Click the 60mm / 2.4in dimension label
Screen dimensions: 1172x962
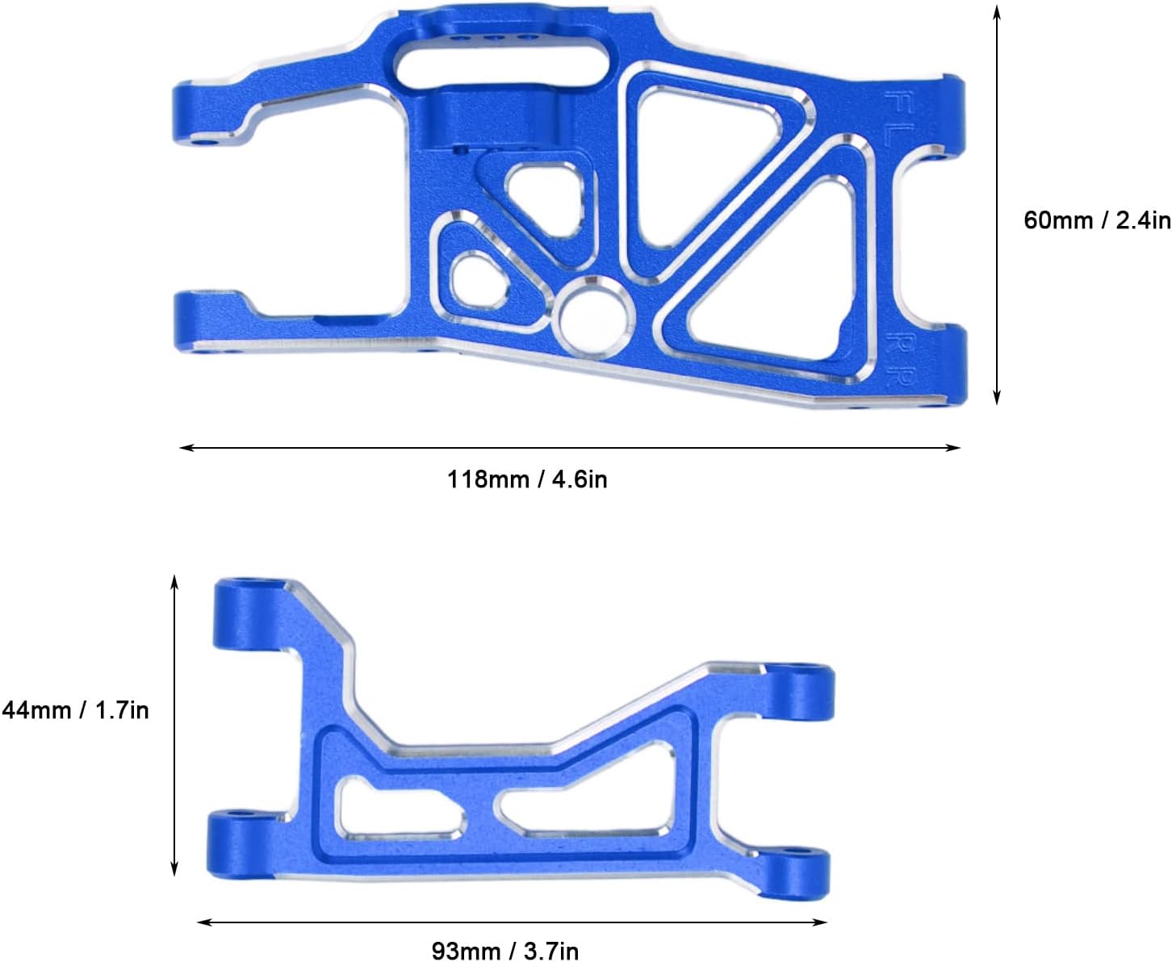point(1097,220)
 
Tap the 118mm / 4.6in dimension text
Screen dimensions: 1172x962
point(527,479)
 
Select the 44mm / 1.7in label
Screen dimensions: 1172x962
point(75,710)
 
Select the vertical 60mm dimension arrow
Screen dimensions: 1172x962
point(997,205)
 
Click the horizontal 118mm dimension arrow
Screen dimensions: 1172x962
point(570,447)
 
